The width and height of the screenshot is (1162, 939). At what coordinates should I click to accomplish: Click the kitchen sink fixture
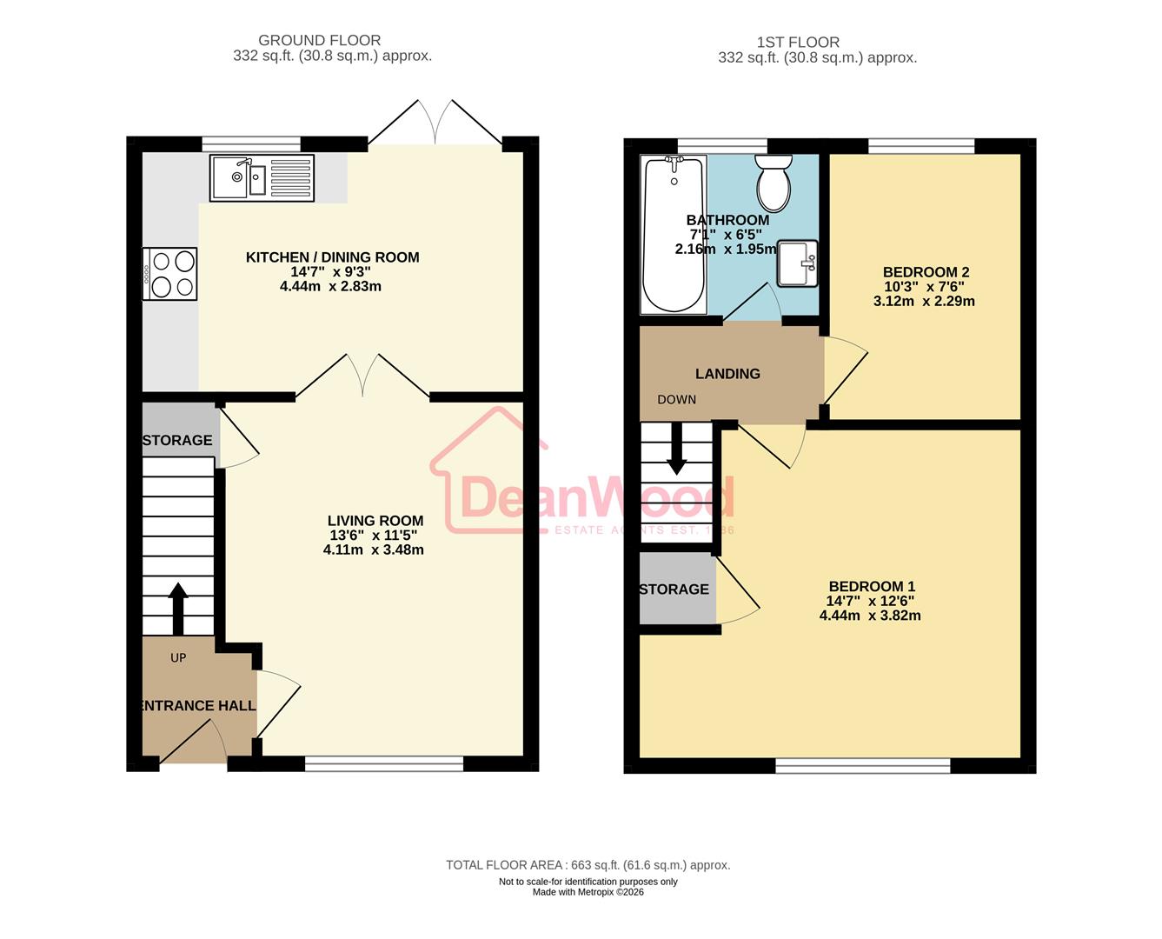pos(262,177)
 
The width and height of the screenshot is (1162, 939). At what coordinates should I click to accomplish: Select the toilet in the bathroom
pos(773,183)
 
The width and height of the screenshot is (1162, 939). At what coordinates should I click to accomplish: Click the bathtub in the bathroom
pos(674,235)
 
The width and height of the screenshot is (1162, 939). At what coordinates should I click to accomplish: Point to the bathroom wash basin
pos(797,263)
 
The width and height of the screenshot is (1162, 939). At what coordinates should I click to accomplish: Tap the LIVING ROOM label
pos(375,521)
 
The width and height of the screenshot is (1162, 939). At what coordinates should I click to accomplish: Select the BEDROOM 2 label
pos(926,272)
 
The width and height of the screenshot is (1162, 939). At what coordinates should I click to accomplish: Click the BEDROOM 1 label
pos(871,586)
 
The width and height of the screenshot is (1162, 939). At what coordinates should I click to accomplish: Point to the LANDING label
pos(727,374)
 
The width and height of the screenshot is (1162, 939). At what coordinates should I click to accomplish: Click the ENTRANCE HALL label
pos(199,706)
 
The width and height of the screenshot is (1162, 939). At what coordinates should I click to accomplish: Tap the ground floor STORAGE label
pos(177,440)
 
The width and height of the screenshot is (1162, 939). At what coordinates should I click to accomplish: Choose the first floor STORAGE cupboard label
pos(674,589)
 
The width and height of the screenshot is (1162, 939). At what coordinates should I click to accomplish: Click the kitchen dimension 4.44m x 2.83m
pos(330,286)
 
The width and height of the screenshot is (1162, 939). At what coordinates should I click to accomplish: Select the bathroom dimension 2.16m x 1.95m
pos(726,249)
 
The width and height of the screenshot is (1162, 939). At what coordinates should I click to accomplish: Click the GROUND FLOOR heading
pos(319,40)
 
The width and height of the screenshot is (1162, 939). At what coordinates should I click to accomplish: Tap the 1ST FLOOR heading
pos(798,42)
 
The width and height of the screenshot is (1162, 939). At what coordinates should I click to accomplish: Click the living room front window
pos(384,763)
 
